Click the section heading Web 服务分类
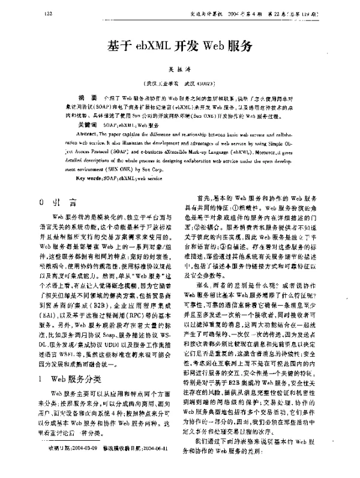click(78, 362)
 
